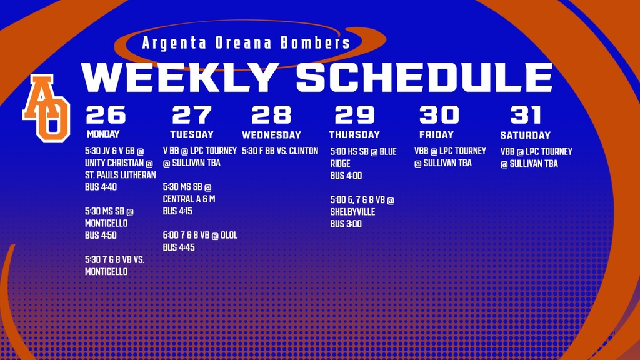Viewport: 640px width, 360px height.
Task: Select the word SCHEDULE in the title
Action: [x=424, y=77]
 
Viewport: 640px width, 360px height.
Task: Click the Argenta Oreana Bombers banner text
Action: [x=246, y=43]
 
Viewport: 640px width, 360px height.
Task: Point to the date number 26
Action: [x=106, y=115]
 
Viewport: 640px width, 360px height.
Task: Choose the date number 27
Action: [x=192, y=115]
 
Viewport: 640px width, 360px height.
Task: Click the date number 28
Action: [x=271, y=115]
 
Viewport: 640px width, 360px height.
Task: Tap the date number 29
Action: [x=354, y=115]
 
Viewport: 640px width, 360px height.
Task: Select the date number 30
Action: [x=439, y=115]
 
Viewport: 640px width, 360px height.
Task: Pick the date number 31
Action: [x=525, y=115]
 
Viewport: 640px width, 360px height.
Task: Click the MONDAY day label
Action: [x=103, y=134]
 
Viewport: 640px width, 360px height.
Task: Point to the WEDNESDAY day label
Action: [x=271, y=135]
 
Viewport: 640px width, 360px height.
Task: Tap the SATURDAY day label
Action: [x=525, y=135]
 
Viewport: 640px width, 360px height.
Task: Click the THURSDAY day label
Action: [x=354, y=134]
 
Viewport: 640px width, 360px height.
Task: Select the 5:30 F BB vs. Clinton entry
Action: [x=280, y=151]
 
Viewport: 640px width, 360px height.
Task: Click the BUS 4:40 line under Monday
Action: [x=101, y=187]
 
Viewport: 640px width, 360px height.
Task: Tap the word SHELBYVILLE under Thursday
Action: [x=352, y=212]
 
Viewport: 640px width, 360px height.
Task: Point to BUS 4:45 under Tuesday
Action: [x=179, y=247]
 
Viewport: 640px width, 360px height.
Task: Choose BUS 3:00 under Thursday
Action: [x=346, y=224]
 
